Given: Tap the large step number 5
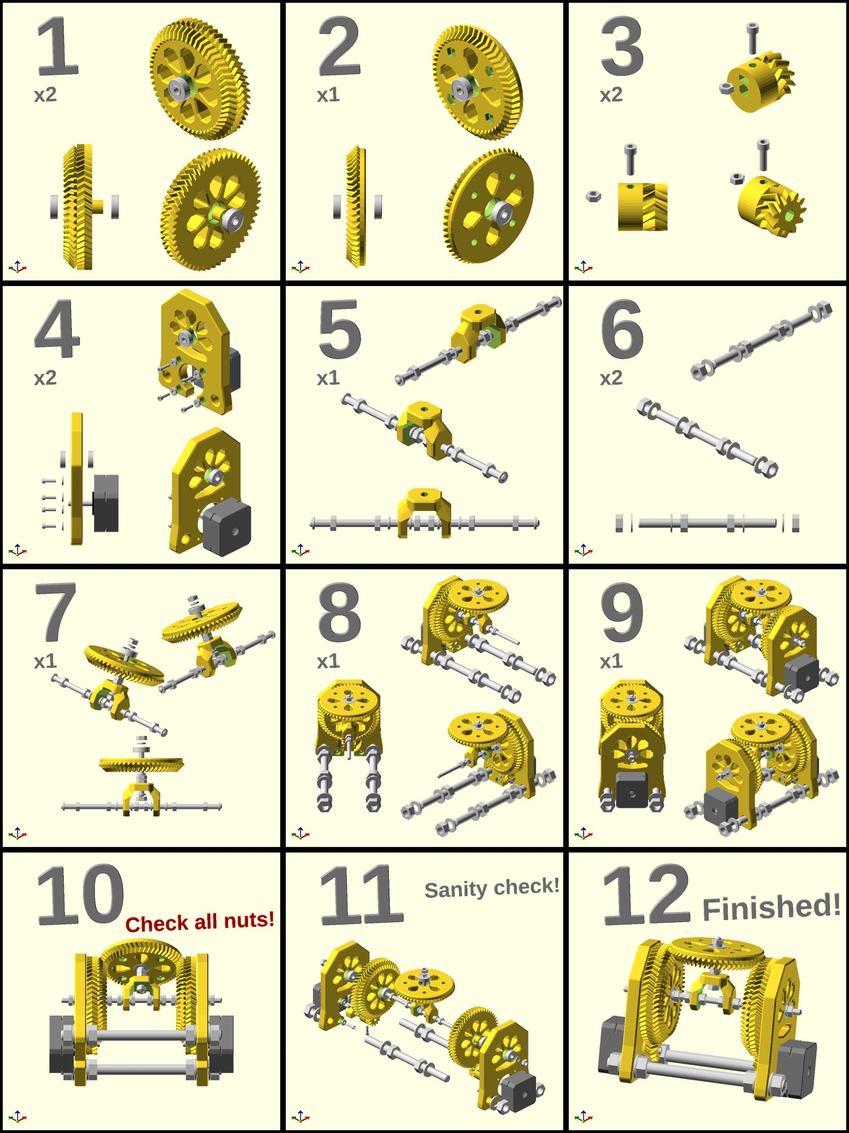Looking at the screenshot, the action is point(340,329).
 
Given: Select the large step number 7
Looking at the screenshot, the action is point(55,612).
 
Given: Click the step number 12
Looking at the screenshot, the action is point(646,895).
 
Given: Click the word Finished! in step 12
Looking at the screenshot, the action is point(771,906).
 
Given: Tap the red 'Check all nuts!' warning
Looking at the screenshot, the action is point(200,922).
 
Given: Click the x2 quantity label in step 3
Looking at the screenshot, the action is point(611,95).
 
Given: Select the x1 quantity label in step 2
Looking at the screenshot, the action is point(328,95).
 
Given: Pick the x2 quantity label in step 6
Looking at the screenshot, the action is point(611,378).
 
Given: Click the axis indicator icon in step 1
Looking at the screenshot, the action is point(18,267).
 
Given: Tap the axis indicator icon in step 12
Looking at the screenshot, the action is point(584,1117).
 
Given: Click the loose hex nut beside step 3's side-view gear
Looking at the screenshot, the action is point(593,197).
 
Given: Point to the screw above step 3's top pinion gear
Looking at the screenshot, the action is point(752,37).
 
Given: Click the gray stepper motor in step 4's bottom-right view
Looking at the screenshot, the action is point(226,527).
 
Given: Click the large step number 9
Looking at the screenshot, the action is point(622,612).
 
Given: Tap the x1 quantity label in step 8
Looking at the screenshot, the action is point(328,661).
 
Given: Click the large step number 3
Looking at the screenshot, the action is point(622,46).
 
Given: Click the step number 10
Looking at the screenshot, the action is point(80,895).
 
